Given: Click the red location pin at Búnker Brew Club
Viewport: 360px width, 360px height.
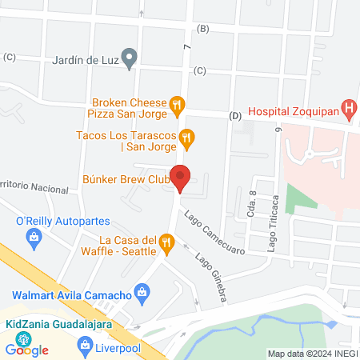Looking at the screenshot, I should coord(181,176).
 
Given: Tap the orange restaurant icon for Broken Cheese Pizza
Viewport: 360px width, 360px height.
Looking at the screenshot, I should coord(178,102).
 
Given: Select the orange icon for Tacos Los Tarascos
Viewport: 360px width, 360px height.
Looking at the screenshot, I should coord(186,138).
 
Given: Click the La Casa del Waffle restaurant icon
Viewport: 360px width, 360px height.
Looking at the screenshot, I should coord(166,242).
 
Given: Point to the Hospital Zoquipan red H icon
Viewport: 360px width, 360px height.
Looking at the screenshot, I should coord(348,107).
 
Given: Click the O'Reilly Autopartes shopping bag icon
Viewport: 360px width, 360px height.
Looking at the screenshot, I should coord(33,236).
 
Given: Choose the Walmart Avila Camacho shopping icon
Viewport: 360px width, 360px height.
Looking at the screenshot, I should coord(142,292).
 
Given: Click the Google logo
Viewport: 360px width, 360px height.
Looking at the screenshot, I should coord(26,350).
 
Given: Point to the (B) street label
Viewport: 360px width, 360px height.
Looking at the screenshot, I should coord(202,30).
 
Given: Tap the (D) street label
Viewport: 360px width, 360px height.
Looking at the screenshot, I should coord(235,116).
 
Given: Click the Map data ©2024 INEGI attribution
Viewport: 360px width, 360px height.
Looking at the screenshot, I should coord(311,354).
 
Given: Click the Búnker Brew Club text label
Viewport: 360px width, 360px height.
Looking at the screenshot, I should coord(126,181).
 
